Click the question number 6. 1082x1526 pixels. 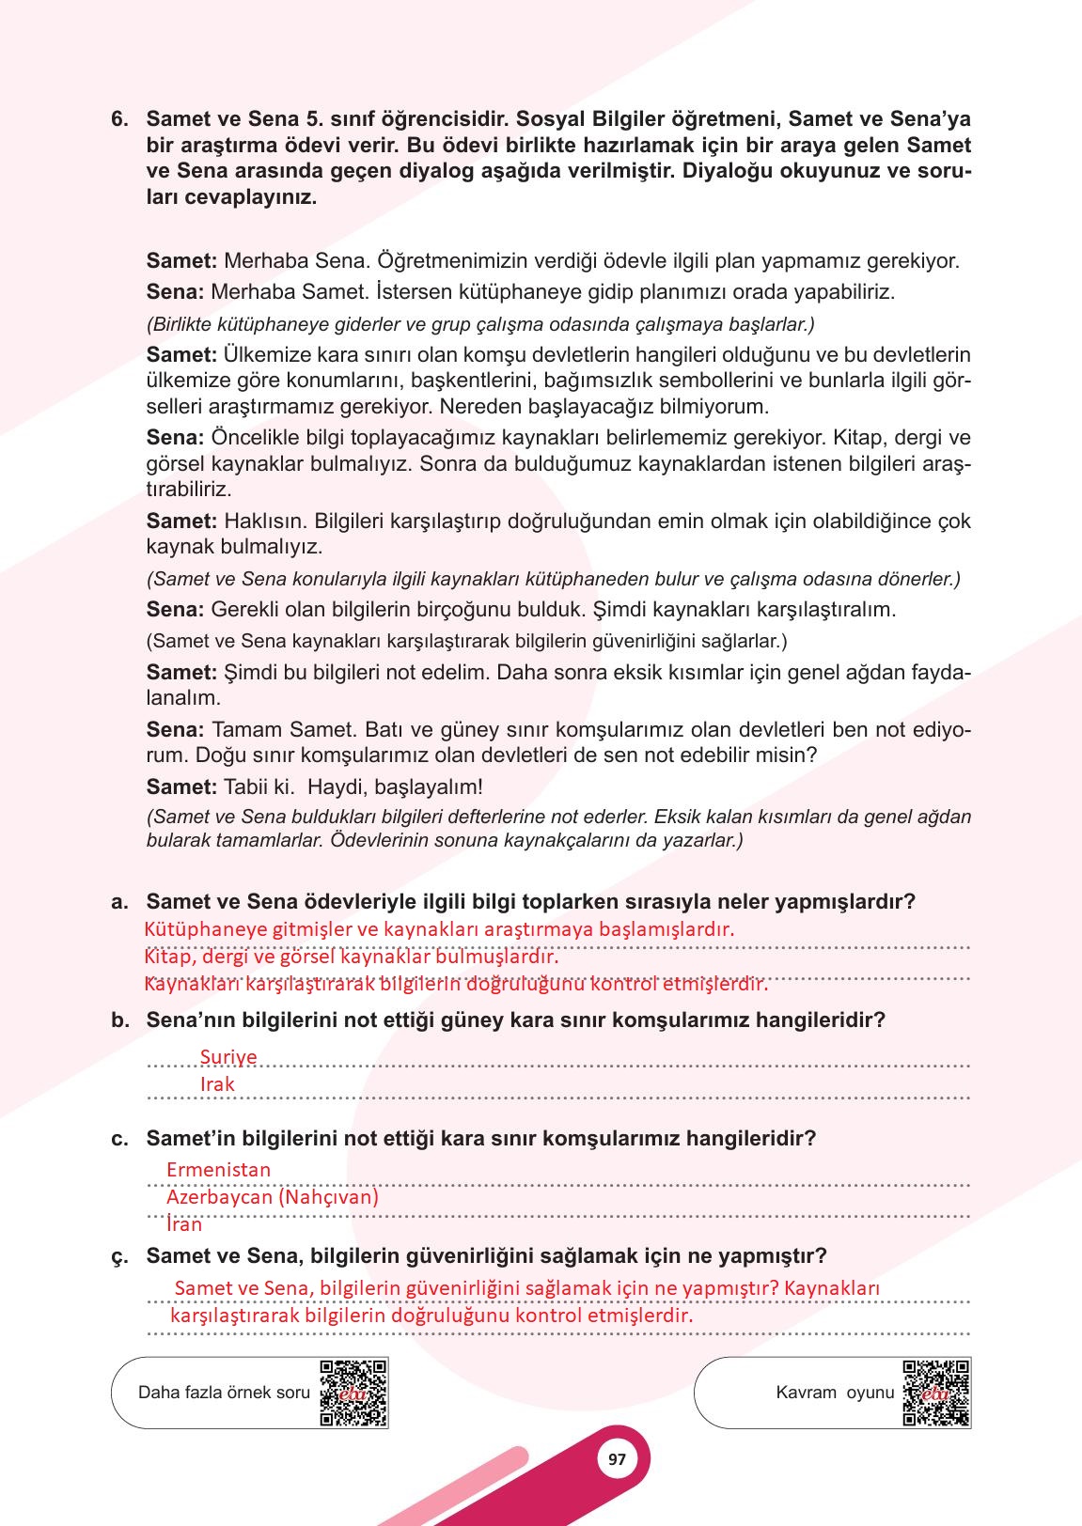point(118,119)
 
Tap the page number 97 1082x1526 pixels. point(617,1459)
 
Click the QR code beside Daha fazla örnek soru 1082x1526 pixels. point(353,1393)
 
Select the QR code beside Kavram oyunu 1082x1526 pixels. point(936,1393)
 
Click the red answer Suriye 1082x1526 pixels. point(228,1057)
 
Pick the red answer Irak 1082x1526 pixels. point(217,1084)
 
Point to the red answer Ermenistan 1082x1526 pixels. point(218,1170)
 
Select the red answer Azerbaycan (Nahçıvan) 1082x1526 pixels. point(273,1197)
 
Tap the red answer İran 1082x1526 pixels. point(184,1224)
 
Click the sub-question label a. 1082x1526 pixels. point(119,902)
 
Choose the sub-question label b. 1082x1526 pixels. point(119,1020)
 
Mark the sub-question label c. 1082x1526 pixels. point(119,1139)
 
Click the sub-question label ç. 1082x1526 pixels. point(119,1256)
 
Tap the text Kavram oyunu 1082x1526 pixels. point(835,1393)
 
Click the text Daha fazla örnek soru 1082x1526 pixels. point(224,1393)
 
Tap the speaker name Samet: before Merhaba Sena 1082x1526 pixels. point(182,261)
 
